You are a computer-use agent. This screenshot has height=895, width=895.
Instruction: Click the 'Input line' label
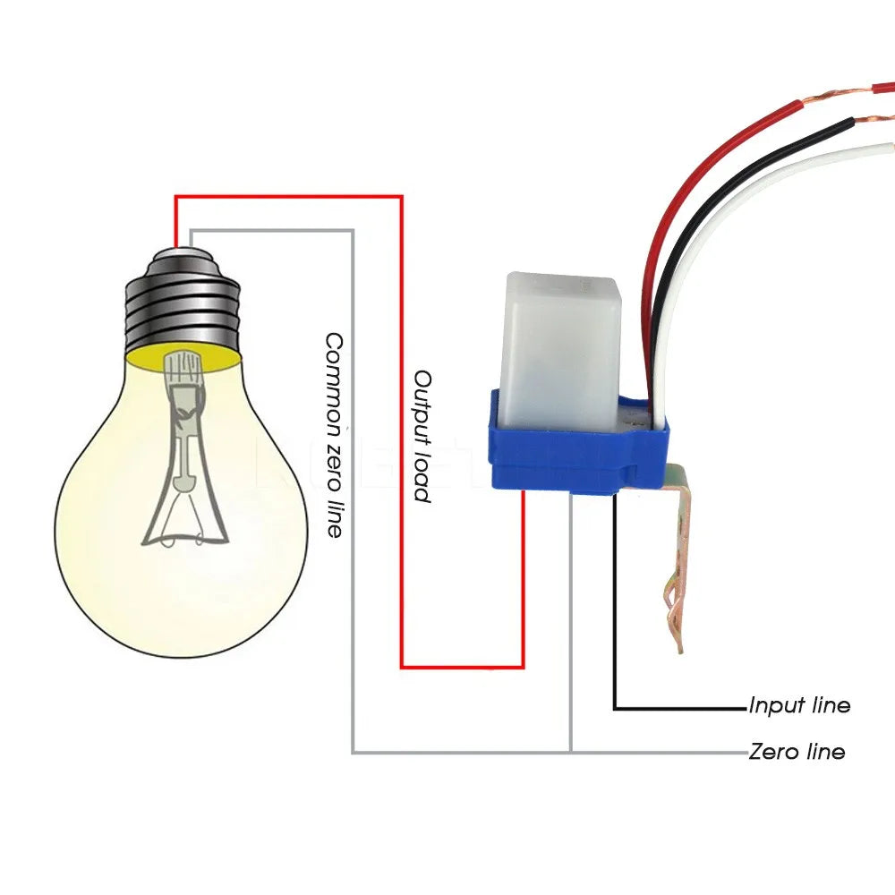pyautogui.click(x=799, y=705)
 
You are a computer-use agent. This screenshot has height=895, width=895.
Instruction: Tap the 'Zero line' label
pyautogui.click(x=797, y=751)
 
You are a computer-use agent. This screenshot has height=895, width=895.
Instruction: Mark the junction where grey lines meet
pyautogui.click(x=570, y=752)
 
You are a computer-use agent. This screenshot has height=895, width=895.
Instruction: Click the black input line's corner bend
pyautogui.click(x=615, y=709)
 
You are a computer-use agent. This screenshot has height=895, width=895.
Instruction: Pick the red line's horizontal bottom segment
pyautogui.click(x=461, y=667)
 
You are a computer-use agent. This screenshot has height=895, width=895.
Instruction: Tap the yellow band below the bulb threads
pyautogui.click(x=183, y=360)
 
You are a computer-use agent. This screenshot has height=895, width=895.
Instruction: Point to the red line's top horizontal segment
pyautogui.click(x=286, y=197)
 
